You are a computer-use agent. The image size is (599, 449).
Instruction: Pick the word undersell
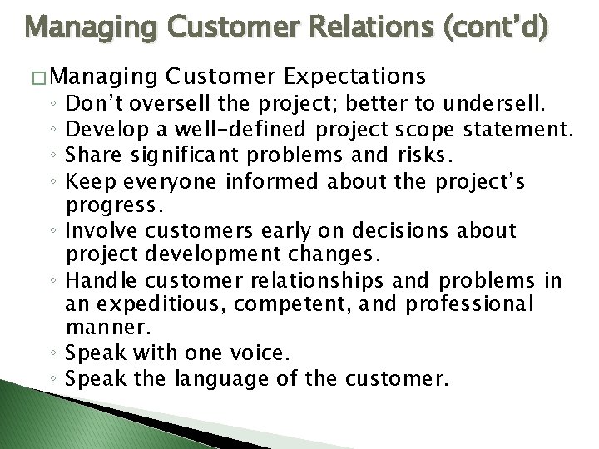(x=497, y=104)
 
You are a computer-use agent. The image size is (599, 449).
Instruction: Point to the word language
(x=220, y=379)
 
